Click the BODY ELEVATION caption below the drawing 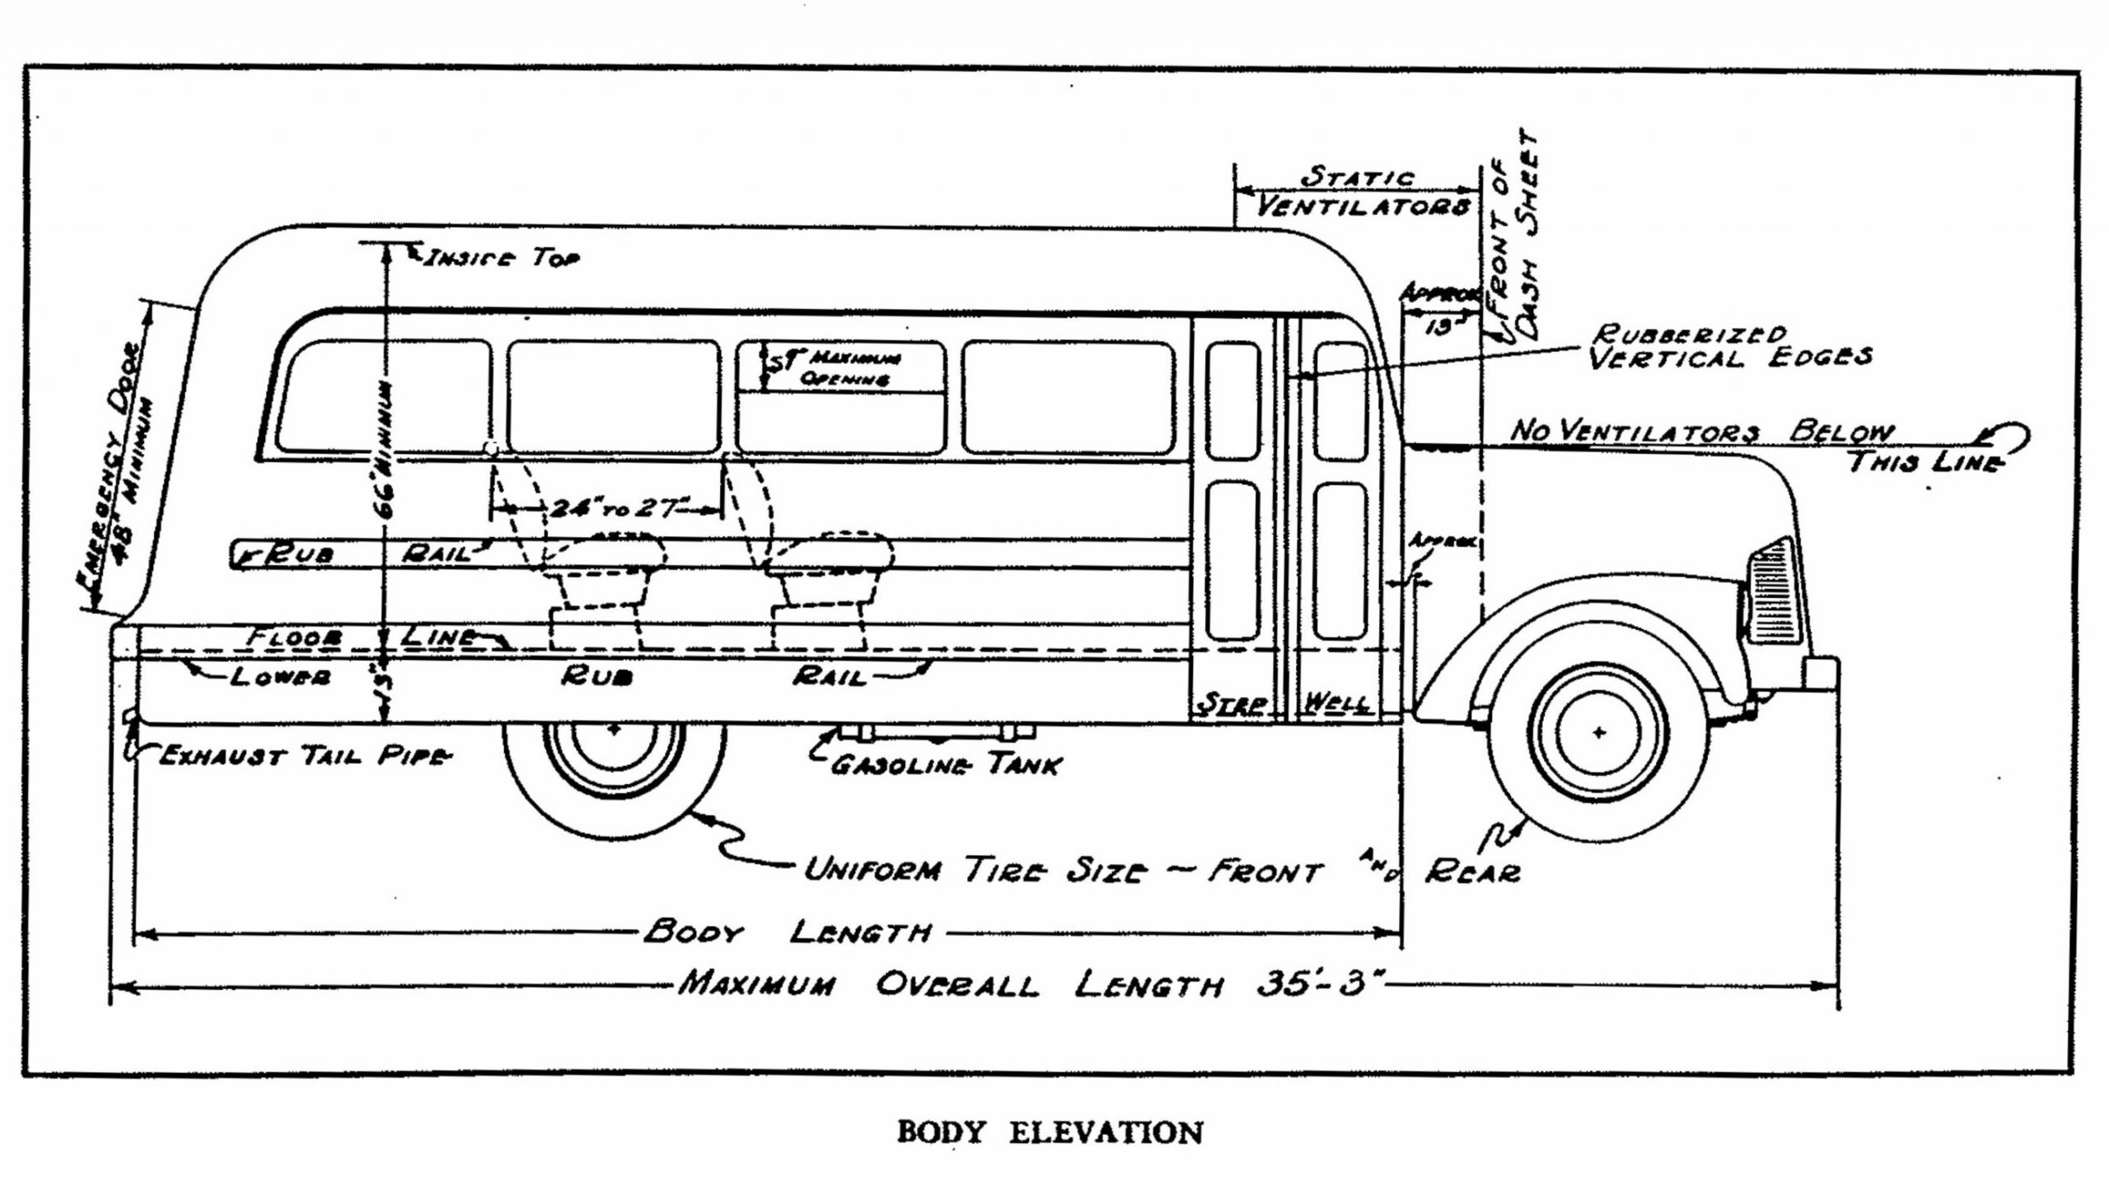pos(1049,1132)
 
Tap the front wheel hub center pos(1599,732)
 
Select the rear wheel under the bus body pos(614,778)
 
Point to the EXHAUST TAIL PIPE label pos(303,756)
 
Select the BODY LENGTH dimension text pos(787,932)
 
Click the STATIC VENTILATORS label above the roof pos(1361,192)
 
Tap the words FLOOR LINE pos(362,637)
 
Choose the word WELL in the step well pos(1338,703)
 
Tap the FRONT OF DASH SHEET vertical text pos(1517,239)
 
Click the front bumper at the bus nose pos(1821,674)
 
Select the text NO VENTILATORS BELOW pos(1701,432)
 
